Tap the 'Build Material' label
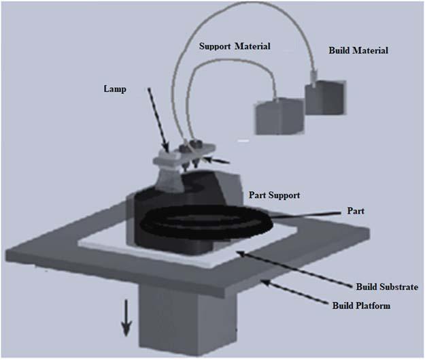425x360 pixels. tap(356, 50)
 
